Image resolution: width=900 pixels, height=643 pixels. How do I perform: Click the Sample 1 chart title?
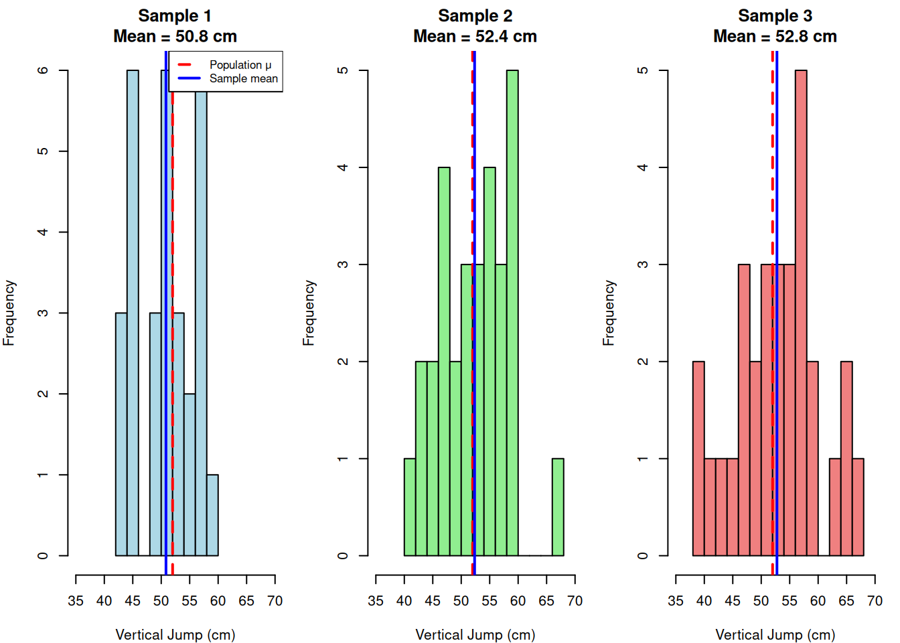175,15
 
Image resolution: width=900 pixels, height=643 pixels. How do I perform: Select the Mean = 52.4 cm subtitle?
475,36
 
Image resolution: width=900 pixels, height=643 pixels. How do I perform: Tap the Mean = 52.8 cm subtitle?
775,36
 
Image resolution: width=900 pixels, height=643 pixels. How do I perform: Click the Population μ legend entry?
240,65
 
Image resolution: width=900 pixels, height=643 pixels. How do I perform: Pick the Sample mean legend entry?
243,79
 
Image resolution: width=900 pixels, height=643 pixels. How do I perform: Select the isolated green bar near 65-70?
558,507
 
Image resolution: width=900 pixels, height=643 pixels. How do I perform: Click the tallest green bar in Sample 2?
512,313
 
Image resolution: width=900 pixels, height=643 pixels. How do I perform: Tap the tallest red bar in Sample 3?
801,313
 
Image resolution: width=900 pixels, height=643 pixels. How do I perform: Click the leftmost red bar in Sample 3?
698,459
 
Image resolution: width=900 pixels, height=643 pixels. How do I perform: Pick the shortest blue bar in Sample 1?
212,515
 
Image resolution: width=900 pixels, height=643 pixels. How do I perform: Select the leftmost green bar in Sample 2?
410,507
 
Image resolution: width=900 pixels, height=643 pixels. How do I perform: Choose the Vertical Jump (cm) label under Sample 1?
175,634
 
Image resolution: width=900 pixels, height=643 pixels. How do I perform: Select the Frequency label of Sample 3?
608,313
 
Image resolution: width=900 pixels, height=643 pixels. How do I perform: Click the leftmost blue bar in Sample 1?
121,434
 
